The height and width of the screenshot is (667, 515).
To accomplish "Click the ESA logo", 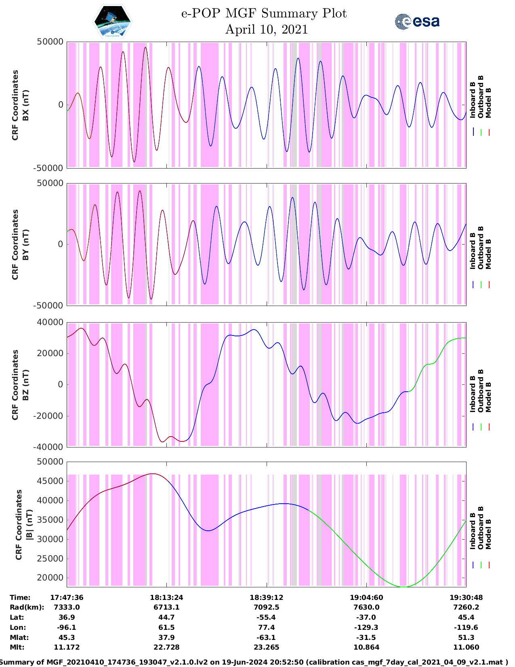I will coord(417,21).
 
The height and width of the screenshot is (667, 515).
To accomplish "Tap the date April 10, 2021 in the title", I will coord(266,30).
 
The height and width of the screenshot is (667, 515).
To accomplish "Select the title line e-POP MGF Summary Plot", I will coord(264,13).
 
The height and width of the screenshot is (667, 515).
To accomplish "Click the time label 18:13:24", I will coord(166,597).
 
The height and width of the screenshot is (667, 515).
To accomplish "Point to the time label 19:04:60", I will coord(366,597).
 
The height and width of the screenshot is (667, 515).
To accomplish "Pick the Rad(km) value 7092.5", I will coord(266,607).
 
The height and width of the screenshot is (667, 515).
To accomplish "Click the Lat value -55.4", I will coord(266,617).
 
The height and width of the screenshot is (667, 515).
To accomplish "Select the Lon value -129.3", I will coord(366,627).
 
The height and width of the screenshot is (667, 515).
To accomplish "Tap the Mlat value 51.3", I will coord(466,637).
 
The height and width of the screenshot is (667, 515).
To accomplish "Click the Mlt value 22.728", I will coord(166,647).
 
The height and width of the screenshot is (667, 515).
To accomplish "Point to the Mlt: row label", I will coord(17,647).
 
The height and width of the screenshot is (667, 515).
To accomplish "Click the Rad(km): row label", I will coord(27,607).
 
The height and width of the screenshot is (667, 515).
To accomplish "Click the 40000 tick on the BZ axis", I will coord(50,322).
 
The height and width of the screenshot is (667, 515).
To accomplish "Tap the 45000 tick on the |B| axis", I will coord(50,481).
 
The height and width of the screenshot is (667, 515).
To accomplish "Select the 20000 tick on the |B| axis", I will coord(50,578).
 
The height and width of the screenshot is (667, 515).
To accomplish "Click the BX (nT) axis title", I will coord(25,105).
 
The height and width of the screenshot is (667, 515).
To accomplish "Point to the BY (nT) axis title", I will coord(25,245).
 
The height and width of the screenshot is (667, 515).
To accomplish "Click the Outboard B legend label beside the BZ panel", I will coord(481,390).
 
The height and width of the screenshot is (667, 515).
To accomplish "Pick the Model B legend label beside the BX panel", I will coord(488,103).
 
